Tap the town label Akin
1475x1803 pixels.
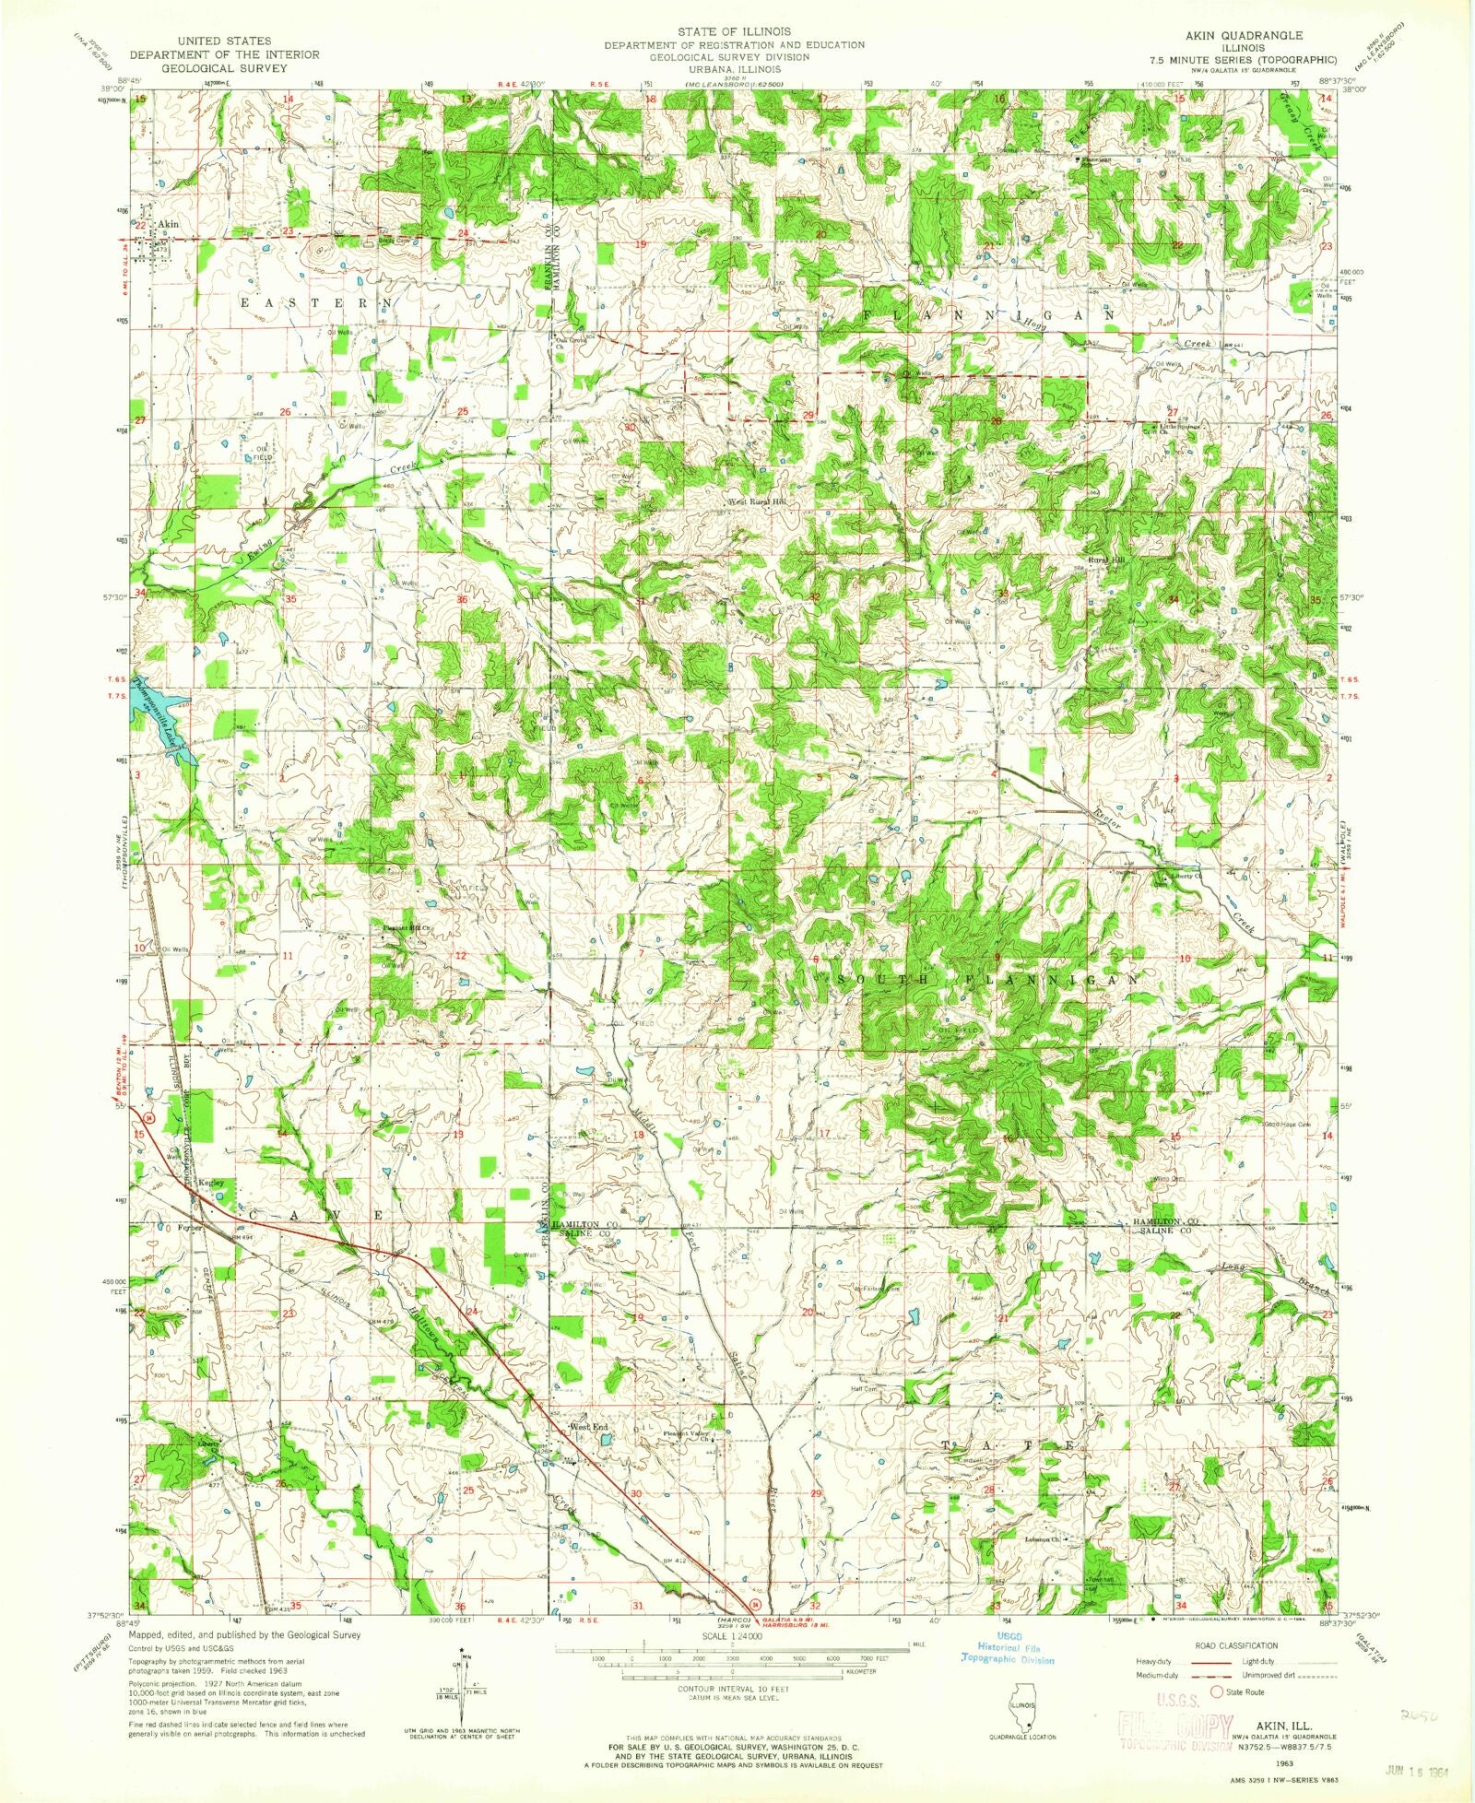tap(167, 224)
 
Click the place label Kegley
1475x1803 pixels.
tap(211, 1183)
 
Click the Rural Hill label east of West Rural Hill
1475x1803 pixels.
tap(1106, 560)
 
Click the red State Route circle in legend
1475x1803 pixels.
tap(1216, 1691)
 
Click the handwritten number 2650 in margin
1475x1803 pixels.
tap(1417, 1715)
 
